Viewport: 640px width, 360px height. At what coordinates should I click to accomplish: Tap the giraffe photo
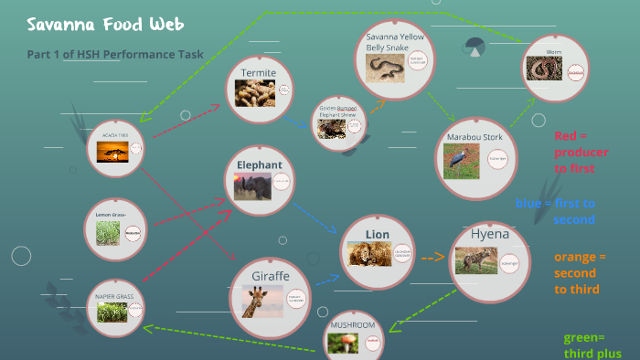(x=262, y=301)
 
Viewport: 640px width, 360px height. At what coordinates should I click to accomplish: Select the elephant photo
(x=252, y=187)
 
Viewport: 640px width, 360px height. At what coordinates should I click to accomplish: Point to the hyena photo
(x=476, y=260)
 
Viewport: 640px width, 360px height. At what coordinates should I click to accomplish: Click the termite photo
(x=255, y=93)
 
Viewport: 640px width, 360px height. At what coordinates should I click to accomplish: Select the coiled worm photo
(x=546, y=71)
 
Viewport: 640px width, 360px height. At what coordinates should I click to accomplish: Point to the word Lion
(x=378, y=235)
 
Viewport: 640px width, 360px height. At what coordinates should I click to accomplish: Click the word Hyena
(x=489, y=234)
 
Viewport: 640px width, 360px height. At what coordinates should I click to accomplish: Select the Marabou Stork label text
(x=475, y=136)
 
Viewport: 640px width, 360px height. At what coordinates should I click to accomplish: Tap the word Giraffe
(x=271, y=275)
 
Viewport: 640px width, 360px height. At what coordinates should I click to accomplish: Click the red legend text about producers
(x=580, y=152)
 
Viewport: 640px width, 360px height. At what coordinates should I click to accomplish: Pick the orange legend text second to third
(x=577, y=272)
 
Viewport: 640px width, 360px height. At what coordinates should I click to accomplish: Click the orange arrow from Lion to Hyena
(x=432, y=258)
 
